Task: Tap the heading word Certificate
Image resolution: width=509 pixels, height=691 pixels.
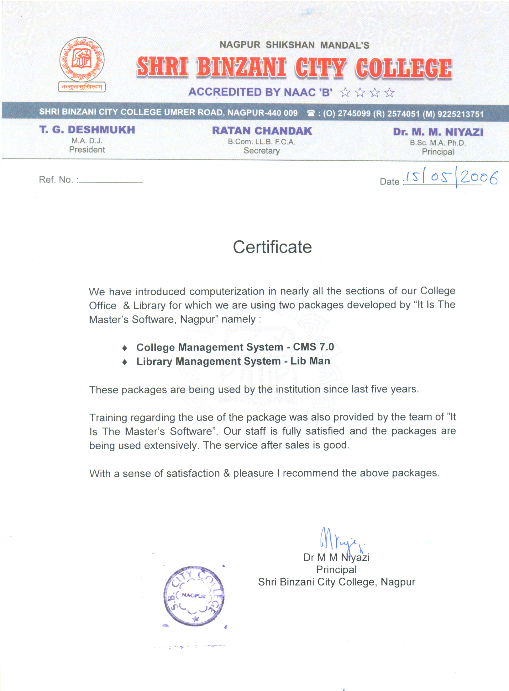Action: [272, 247]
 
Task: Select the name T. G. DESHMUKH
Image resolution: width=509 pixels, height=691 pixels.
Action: [87, 130]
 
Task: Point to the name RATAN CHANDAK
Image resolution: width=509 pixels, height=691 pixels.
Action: [262, 131]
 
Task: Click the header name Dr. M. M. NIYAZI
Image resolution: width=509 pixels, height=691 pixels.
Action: [438, 132]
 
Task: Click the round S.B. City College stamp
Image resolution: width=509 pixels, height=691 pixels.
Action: [194, 596]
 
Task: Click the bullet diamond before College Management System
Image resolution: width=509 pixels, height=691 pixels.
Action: [125, 348]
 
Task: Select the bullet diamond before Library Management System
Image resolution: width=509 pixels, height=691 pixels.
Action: [125, 362]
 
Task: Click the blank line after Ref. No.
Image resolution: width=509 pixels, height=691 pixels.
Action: [111, 182]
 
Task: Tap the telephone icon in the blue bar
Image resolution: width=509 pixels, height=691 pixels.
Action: [311, 113]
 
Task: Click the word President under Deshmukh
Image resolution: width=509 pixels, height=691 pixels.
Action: [87, 150]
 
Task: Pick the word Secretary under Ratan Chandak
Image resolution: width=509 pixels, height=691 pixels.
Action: [262, 151]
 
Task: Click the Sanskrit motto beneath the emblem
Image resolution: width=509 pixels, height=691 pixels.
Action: [82, 87]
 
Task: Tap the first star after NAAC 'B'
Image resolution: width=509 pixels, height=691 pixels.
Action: [345, 93]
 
